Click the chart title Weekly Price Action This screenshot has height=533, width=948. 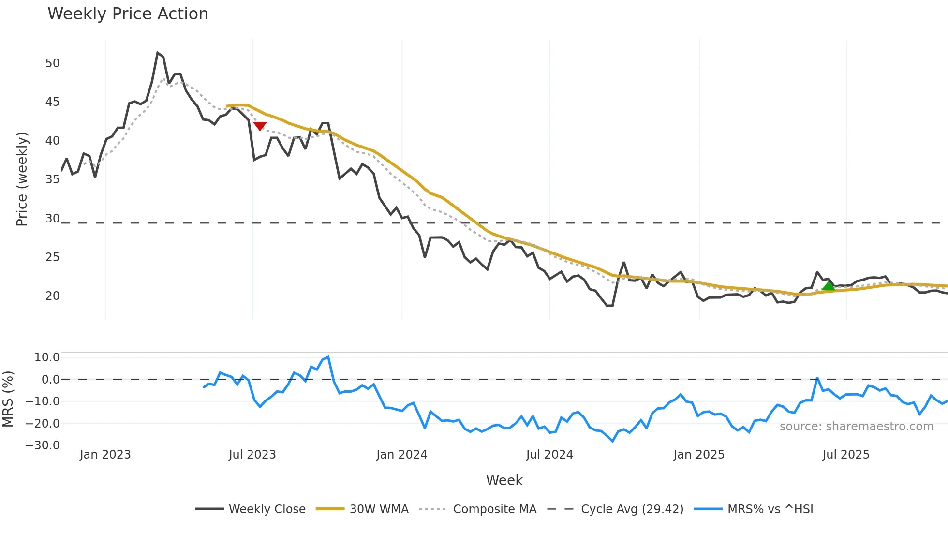[x=128, y=14]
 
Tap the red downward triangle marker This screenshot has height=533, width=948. [x=260, y=126]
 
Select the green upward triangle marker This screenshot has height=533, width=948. [x=829, y=286]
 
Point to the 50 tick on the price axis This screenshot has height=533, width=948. [x=52, y=63]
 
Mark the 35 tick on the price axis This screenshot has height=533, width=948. [x=52, y=179]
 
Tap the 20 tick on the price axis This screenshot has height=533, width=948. [x=52, y=296]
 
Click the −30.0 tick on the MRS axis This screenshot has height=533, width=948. [x=43, y=445]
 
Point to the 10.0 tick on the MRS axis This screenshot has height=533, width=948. [x=47, y=357]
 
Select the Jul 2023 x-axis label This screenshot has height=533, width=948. [x=252, y=455]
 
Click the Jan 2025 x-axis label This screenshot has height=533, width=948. [x=699, y=455]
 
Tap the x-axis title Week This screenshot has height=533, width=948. [x=504, y=480]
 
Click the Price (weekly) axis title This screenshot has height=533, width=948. [x=22, y=179]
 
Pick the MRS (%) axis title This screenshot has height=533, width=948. [x=8, y=399]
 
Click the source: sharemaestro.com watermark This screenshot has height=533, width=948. [x=856, y=427]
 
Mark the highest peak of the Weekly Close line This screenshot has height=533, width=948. [x=158, y=53]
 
